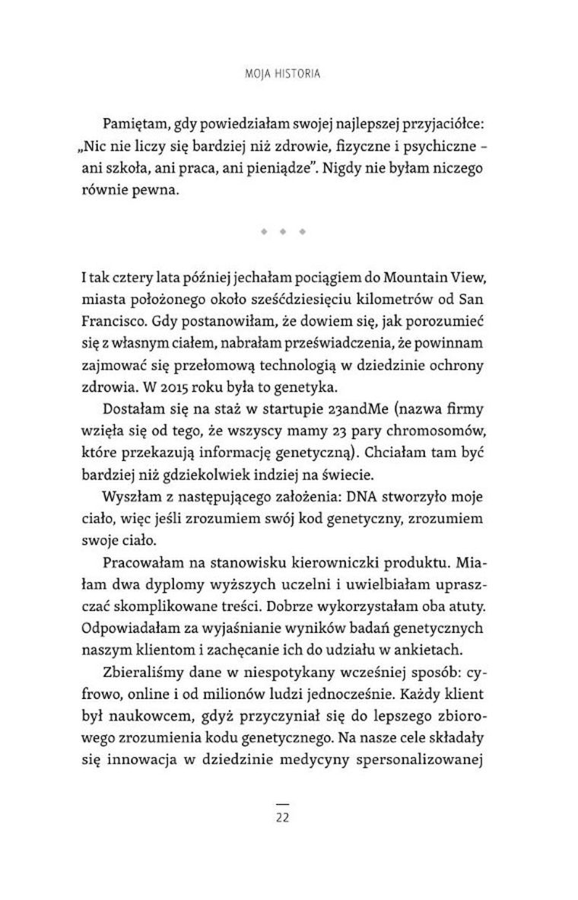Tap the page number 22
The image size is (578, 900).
pos(282,819)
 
